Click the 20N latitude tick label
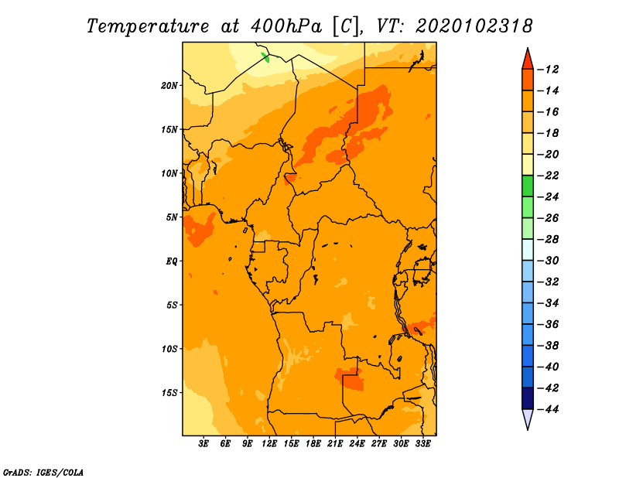(x=169, y=85)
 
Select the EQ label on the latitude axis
(x=172, y=261)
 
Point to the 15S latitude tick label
(x=169, y=392)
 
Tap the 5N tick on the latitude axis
(x=172, y=217)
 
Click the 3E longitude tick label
(x=204, y=444)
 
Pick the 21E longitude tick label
(x=335, y=444)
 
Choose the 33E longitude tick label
(x=422, y=444)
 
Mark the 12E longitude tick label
(x=269, y=444)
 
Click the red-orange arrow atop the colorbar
(x=528, y=58)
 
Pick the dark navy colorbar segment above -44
(x=528, y=398)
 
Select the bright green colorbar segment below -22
(x=528, y=186)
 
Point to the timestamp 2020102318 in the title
(x=474, y=26)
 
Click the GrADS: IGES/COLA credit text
(x=43, y=471)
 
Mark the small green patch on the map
(x=266, y=56)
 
